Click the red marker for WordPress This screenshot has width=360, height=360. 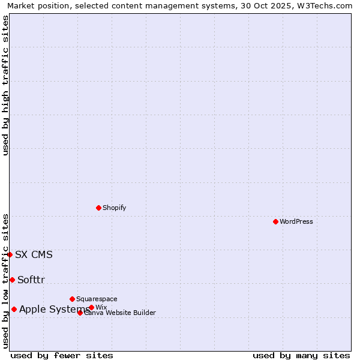(275, 221)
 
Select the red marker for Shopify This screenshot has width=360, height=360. (98, 208)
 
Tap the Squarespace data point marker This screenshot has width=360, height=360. (72, 299)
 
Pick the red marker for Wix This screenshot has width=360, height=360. (91, 307)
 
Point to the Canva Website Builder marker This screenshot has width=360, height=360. (80, 313)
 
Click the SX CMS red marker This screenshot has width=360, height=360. (10, 254)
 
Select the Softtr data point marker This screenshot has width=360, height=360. (12, 280)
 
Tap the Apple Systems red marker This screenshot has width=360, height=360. (14, 309)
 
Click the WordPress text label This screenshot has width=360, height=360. (296, 221)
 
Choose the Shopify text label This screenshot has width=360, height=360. (114, 208)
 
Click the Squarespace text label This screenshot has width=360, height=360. (97, 299)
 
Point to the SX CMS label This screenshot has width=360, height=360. (34, 254)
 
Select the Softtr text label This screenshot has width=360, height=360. (31, 280)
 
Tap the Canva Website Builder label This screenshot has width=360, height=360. (120, 313)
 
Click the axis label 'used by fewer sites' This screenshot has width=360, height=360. (62, 355)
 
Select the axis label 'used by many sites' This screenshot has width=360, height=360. (301, 355)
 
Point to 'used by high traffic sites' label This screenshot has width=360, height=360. (5, 85)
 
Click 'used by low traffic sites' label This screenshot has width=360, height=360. (5, 281)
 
